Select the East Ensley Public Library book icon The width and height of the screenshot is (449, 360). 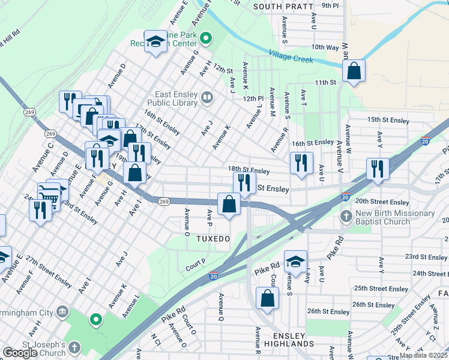point(207,97)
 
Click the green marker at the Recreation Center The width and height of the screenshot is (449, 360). point(206,40)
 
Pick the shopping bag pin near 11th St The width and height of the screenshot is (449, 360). point(354,71)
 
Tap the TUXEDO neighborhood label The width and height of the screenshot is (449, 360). point(213,239)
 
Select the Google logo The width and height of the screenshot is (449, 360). point(19,353)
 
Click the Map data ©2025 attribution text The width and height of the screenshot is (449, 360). point(423,355)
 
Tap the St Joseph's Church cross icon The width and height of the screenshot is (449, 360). point(74,347)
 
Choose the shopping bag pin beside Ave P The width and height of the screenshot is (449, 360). point(229,204)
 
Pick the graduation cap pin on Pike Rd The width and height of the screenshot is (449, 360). point(295,261)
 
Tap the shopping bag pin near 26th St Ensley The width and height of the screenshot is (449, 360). point(267,298)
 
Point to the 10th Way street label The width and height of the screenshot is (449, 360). point(325,47)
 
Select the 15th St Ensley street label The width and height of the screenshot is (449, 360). point(388,120)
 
